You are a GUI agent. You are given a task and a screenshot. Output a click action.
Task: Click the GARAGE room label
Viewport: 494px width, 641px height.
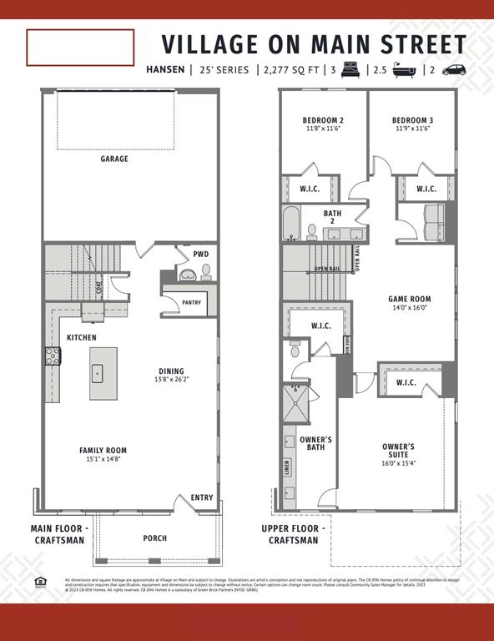[114, 159]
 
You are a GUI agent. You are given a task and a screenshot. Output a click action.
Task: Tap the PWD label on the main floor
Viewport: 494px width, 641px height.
[200, 254]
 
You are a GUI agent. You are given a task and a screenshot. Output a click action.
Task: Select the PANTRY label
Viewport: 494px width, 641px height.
[190, 303]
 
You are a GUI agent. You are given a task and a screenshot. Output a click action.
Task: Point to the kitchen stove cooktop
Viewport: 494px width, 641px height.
[53, 356]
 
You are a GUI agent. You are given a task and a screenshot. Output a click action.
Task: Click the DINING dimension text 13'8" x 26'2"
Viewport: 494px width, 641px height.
[173, 380]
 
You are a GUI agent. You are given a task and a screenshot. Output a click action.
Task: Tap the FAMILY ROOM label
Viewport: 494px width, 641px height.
[103, 451]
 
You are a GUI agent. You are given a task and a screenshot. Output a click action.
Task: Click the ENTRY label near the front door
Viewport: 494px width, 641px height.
[202, 497]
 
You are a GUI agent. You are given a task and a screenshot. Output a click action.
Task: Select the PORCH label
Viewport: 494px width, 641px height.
[154, 538]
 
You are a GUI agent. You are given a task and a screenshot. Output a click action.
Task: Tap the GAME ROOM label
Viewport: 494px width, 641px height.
[409, 299]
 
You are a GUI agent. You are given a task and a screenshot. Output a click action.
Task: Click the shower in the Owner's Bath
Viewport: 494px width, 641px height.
[295, 403]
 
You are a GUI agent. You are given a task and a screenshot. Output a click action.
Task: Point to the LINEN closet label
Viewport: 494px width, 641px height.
[288, 467]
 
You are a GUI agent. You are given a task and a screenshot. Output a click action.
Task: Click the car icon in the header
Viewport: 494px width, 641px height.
[454, 69]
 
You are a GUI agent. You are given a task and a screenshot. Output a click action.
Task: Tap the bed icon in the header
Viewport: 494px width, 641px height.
[350, 69]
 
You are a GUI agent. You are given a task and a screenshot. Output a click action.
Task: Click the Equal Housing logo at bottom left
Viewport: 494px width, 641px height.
[38, 582]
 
